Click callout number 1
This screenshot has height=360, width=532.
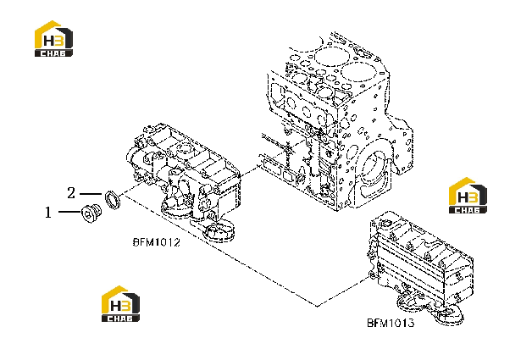[x=48, y=213]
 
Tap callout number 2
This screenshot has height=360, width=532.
[x=71, y=193]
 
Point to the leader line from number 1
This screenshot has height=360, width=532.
[x=70, y=212]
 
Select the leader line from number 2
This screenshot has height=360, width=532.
[x=91, y=194]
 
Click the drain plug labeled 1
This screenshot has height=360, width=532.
[x=91, y=213]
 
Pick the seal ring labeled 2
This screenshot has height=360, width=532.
[x=113, y=200]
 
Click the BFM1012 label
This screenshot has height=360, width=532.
[x=157, y=242]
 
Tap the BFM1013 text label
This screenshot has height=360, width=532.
[x=391, y=323]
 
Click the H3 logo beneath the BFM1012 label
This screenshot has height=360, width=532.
[x=121, y=304]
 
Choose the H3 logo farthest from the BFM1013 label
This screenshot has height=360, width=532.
[x=53, y=39]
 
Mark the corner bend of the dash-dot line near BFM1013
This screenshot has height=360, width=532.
[x=317, y=306]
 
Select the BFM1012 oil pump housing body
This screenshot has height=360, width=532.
[x=183, y=173]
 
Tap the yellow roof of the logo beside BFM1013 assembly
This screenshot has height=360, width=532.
[x=462, y=186]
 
